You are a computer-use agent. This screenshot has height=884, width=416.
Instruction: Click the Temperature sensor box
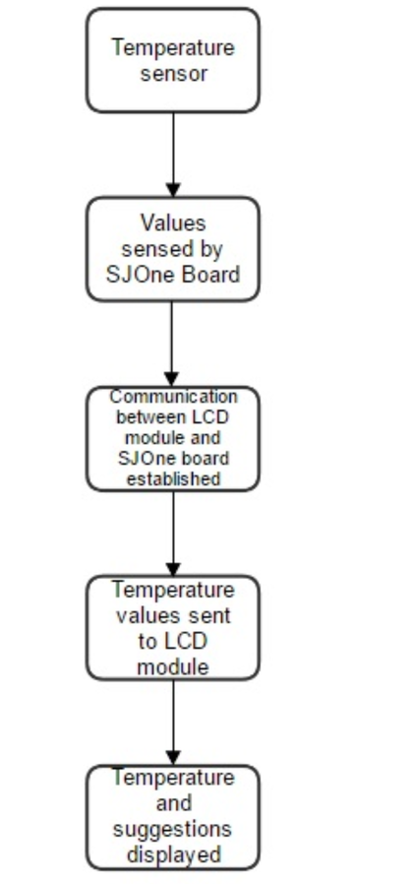[x=173, y=60]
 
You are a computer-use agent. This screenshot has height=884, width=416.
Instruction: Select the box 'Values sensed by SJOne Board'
[x=173, y=249]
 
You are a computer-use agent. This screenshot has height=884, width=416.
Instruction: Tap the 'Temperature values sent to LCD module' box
[x=173, y=627]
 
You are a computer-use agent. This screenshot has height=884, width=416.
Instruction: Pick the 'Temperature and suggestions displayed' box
[x=173, y=817]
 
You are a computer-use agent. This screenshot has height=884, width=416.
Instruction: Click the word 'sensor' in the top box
[x=174, y=74]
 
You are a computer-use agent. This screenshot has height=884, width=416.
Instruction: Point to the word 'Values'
[x=173, y=222]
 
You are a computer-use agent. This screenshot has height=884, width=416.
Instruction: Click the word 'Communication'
[x=173, y=397]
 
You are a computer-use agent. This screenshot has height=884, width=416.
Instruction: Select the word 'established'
[x=173, y=478]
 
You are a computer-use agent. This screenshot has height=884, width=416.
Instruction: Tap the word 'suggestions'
[x=172, y=830]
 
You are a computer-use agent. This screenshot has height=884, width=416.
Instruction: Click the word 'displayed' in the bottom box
[x=173, y=855]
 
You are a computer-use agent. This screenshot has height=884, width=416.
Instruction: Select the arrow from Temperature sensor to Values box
[x=173, y=155]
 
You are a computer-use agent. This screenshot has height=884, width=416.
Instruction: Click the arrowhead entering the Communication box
[x=172, y=379]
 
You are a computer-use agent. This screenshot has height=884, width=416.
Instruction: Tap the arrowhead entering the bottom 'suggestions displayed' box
[x=173, y=758]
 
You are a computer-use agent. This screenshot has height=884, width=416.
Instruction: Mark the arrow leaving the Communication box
[x=173, y=534]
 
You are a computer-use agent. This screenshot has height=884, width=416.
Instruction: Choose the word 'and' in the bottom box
[x=173, y=803]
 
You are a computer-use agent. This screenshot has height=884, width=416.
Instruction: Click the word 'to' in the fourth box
[x=148, y=642]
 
